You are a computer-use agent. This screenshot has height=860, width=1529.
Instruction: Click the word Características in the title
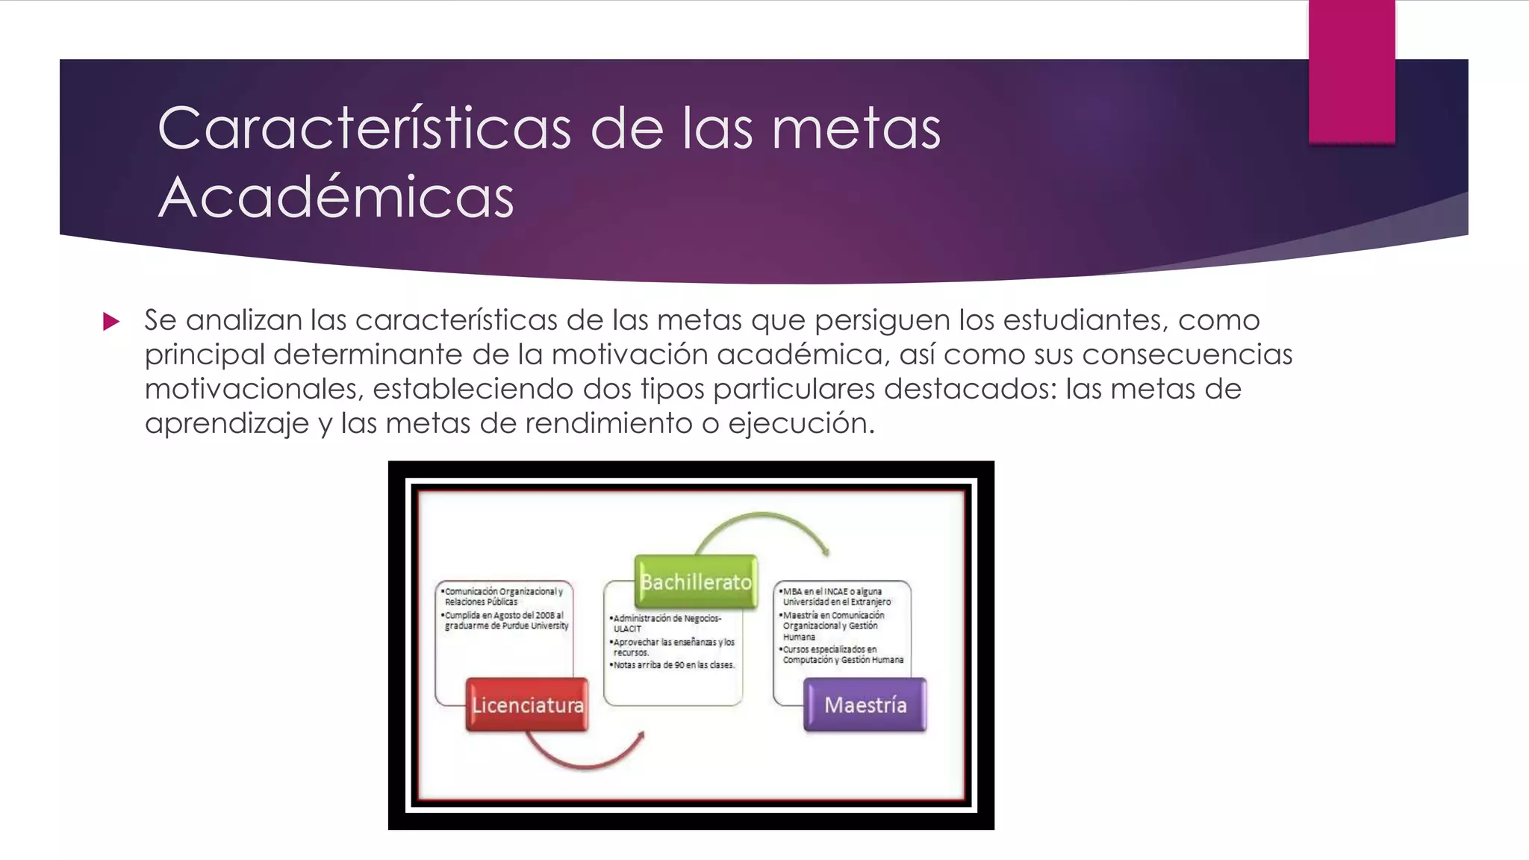point(364,128)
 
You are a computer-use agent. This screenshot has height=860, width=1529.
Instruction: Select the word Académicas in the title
point(336,197)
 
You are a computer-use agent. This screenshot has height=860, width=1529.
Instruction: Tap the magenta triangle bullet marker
point(111,322)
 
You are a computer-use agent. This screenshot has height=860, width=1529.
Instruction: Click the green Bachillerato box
point(696,582)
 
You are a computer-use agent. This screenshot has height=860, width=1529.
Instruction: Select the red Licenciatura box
point(527,705)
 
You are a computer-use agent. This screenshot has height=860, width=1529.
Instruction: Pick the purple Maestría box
point(865,705)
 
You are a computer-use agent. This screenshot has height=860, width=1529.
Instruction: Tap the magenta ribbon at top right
point(1351,72)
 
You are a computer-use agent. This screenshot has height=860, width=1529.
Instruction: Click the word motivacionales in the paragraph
point(253,389)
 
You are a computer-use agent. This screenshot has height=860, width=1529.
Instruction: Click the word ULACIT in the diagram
point(627,629)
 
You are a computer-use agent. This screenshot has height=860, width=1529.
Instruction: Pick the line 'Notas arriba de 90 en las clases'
point(673,664)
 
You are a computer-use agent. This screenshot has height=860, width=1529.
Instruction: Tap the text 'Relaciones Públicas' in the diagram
point(481,602)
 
